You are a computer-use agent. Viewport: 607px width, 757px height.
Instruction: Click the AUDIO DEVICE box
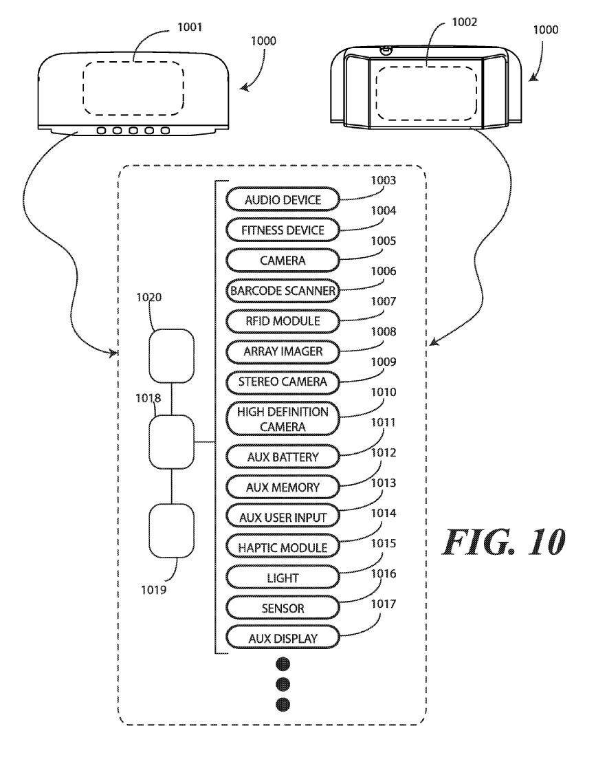[x=283, y=200]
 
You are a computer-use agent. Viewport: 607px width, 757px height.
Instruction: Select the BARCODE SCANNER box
[x=283, y=291]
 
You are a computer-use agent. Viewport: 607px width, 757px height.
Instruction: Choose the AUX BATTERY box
[x=283, y=457]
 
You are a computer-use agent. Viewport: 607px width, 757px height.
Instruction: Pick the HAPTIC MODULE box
[x=283, y=547]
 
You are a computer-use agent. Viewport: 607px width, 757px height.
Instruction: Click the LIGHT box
[x=283, y=578]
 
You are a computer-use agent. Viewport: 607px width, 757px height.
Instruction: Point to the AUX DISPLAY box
[x=283, y=639]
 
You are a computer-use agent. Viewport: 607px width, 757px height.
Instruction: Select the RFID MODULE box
[x=283, y=321]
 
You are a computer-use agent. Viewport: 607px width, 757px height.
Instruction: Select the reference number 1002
[x=465, y=22]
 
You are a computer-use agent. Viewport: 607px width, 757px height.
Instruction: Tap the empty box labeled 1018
[x=172, y=442]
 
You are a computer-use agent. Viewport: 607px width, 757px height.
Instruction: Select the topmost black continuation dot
[x=283, y=663]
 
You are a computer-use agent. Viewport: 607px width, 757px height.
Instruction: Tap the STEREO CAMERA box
[x=283, y=381]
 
